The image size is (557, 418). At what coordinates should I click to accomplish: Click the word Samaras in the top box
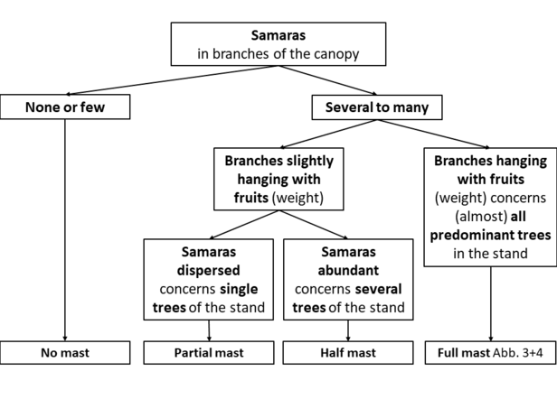[278, 35]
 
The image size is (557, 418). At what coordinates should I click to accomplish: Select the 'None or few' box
[65, 107]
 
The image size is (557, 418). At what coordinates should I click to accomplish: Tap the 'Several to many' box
[377, 107]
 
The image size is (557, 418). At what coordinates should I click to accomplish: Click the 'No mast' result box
[65, 353]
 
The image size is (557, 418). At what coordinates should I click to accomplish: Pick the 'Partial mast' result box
[209, 353]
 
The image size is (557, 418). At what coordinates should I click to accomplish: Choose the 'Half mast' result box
[348, 353]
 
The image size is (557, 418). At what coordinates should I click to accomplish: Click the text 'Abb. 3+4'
[518, 353]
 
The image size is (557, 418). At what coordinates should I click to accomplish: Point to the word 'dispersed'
[209, 271]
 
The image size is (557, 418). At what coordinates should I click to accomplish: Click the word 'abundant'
[348, 271]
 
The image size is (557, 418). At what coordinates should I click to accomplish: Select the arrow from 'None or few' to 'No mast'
[65, 230]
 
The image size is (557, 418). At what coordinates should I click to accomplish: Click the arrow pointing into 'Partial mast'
[209, 330]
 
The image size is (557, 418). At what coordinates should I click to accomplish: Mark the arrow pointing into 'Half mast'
[348, 330]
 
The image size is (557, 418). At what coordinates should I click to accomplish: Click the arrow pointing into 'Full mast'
[491, 304]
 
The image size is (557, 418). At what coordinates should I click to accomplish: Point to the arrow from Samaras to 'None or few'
[173, 80]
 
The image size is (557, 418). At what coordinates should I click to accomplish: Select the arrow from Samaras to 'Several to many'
[328, 80]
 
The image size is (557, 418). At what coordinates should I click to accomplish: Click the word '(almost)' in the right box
[481, 217]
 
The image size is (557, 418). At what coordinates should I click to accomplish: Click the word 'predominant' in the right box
[470, 235]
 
